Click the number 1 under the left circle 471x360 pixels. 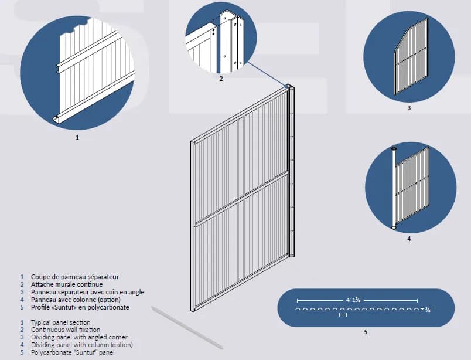click(77, 137)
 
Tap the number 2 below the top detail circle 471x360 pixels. click(221, 79)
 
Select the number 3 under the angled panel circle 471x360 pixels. click(409, 108)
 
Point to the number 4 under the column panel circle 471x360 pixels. click(409, 239)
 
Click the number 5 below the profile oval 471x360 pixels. click(366, 332)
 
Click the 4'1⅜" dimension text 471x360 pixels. click(354, 300)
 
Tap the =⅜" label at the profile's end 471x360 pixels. click(427, 310)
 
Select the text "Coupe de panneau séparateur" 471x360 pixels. click(75, 277)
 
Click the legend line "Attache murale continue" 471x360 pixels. click(67, 284)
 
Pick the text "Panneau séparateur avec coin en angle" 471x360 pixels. click(87, 292)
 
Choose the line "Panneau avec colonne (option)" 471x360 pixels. click(76, 300)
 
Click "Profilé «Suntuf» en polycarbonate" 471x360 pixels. click(80, 307)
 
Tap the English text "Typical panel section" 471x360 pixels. click(61, 322)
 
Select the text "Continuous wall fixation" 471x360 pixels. click(66, 330)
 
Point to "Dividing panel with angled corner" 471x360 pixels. click(79, 337)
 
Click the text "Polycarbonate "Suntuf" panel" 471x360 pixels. click(73, 352)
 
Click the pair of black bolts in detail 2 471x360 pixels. click(213, 32)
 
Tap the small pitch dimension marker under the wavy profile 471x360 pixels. click(343, 315)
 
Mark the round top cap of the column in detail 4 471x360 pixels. click(393, 149)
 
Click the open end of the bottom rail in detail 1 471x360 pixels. click(56, 119)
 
